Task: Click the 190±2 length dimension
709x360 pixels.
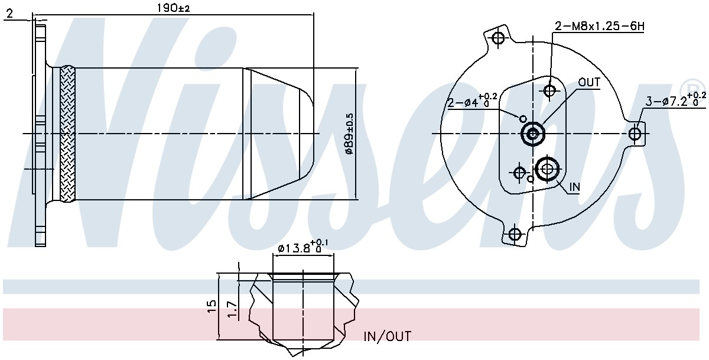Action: pyautogui.click(x=173, y=8)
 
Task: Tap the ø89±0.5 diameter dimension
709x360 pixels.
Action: pyautogui.click(x=349, y=134)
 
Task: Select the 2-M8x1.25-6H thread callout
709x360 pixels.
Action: pyautogui.click(x=600, y=26)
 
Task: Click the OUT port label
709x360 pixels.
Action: pyautogui.click(x=589, y=82)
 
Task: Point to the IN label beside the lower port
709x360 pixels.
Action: pyautogui.click(x=574, y=187)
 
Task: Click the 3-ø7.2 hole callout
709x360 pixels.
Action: pyautogui.click(x=675, y=99)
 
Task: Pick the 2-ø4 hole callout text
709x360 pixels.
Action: pyautogui.click(x=473, y=100)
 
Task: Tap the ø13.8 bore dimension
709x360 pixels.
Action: pyautogui.click(x=303, y=247)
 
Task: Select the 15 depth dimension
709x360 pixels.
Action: pyautogui.click(x=212, y=306)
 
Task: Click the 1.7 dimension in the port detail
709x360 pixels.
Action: pyautogui.click(x=232, y=309)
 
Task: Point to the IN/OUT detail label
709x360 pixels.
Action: pyautogui.click(x=387, y=336)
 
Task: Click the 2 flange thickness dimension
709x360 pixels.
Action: pyautogui.click(x=10, y=14)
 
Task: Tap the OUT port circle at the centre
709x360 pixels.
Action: pyautogui.click(x=533, y=134)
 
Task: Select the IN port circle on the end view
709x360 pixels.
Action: pyautogui.click(x=547, y=169)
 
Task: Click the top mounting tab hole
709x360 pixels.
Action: pyautogui.click(x=499, y=38)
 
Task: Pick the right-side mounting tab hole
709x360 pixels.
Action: pyautogui.click(x=635, y=134)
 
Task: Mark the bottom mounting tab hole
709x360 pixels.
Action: pyautogui.click(x=515, y=235)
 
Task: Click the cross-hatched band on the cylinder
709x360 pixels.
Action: pyautogui.click(x=68, y=134)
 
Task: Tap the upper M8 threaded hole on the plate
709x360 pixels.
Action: pyautogui.click(x=550, y=91)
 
